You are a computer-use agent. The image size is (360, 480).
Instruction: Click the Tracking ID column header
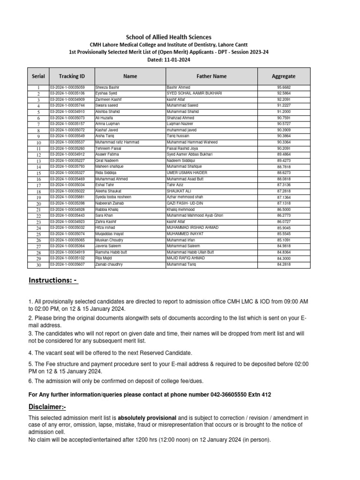pyautogui.click(x=72, y=76)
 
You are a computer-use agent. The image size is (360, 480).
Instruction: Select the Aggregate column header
pyautogui.click(x=284, y=76)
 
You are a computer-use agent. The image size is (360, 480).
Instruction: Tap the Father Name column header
pyautogui.click(x=211, y=76)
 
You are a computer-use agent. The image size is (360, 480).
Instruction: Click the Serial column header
pyautogui.click(x=38, y=76)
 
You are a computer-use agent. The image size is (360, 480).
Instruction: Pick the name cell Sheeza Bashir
pyautogui.click(x=107, y=88)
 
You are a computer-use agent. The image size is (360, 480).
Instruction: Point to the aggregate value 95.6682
pyautogui.click(x=284, y=88)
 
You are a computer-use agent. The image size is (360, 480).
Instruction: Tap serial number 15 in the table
pyautogui.click(x=39, y=173)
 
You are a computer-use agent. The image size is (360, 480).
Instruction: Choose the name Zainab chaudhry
pyautogui.click(x=110, y=265)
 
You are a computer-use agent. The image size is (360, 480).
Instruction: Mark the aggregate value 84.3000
pyautogui.click(x=284, y=258)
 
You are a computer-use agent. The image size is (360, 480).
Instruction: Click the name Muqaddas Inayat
pyautogui.click(x=110, y=234)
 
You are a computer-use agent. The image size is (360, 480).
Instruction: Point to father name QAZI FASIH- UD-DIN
pyautogui.click(x=185, y=203)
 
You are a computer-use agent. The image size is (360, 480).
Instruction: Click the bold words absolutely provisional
pyautogui.click(x=147, y=418)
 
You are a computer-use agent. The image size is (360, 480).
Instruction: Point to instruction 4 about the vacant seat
pyautogui.click(x=111, y=352)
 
